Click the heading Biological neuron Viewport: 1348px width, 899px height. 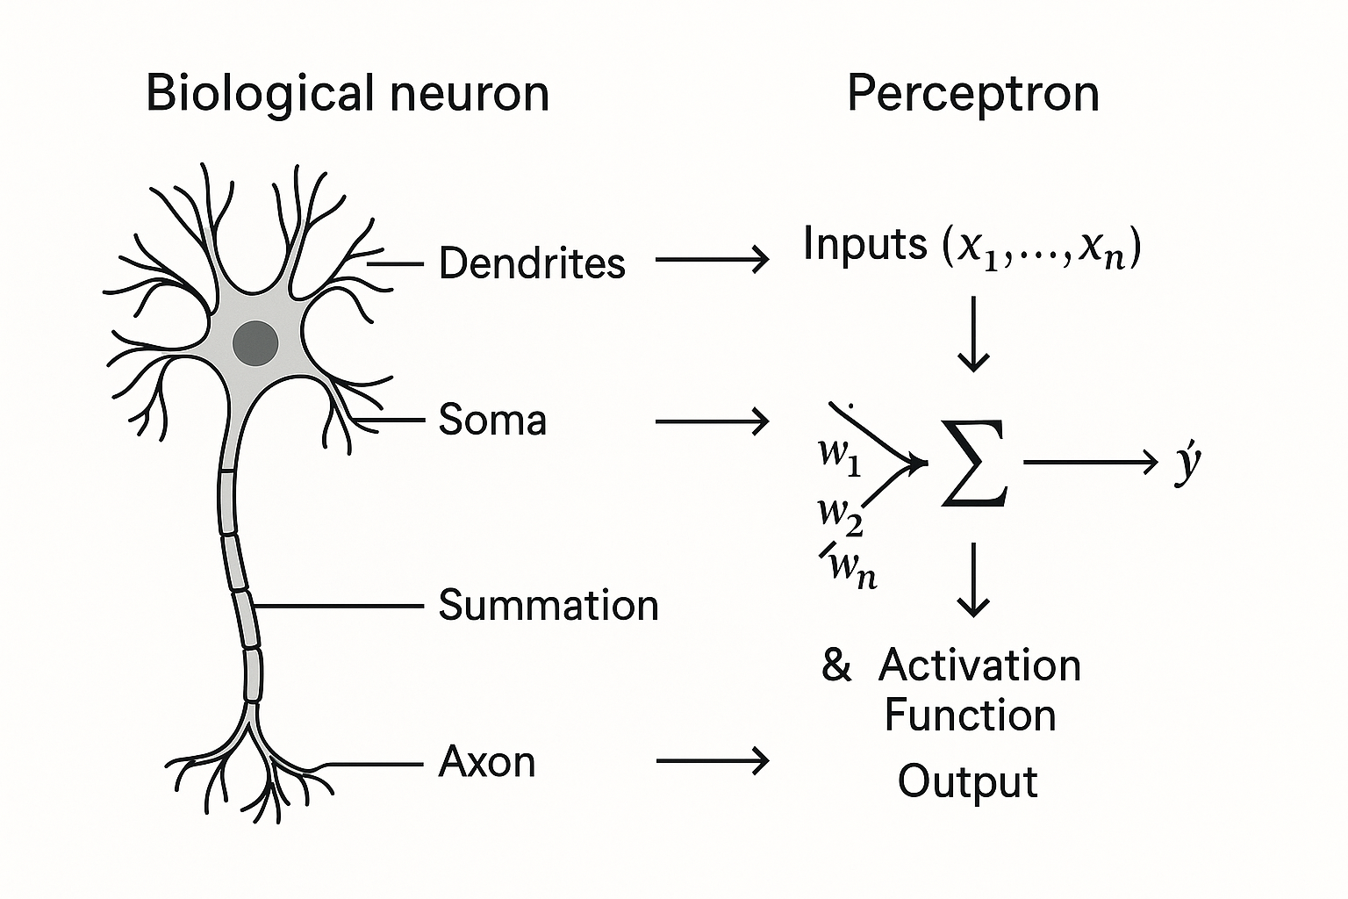click(x=348, y=93)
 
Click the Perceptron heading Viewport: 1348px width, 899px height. click(x=972, y=93)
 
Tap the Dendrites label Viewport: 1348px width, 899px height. click(x=532, y=263)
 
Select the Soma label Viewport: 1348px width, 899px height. click(x=492, y=420)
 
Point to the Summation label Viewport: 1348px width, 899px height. click(x=549, y=605)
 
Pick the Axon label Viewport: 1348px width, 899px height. click(x=487, y=761)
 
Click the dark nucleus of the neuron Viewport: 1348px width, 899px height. click(x=255, y=342)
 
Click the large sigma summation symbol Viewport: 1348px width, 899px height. click(x=974, y=463)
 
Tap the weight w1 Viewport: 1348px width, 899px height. click(x=839, y=455)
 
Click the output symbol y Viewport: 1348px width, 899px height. click(x=1187, y=463)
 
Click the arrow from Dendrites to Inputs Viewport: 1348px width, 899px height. click(x=712, y=259)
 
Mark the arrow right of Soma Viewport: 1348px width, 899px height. click(x=712, y=422)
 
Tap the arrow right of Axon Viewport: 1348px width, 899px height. click(x=712, y=760)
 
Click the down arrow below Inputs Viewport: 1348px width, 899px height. click(x=973, y=334)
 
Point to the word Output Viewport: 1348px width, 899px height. click(x=967, y=780)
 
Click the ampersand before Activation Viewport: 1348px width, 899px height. click(x=836, y=665)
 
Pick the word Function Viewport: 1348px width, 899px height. click(x=970, y=715)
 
